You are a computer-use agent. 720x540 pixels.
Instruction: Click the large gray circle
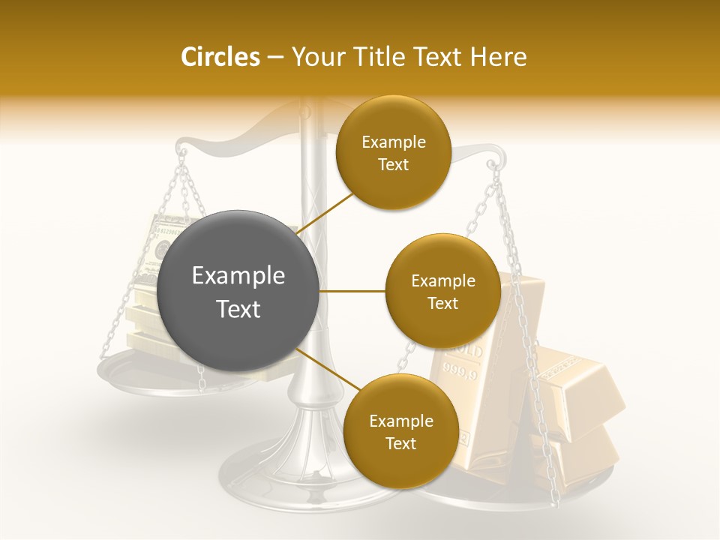point(238,291)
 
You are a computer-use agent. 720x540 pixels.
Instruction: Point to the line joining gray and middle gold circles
point(352,291)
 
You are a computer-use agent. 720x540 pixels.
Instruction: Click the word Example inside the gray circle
point(238,276)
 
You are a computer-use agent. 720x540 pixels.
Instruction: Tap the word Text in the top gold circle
point(393,165)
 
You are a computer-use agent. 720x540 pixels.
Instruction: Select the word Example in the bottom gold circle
point(400,421)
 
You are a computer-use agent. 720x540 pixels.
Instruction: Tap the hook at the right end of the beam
point(491,163)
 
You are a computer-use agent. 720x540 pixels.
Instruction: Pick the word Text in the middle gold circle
point(442,304)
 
